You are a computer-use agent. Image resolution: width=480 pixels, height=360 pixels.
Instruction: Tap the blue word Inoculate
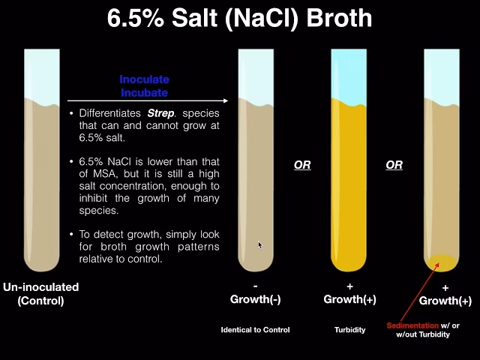tap(144, 79)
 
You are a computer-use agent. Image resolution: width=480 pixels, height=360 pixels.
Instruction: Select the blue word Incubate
tap(144, 92)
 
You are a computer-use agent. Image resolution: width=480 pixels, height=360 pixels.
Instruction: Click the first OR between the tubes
tap(302, 165)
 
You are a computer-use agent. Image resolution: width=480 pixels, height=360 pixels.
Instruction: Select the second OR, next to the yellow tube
tap(394, 165)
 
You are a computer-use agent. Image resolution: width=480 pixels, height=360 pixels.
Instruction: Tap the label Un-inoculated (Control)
tap(41, 294)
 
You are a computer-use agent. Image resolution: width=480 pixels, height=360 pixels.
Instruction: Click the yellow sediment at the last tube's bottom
tap(442, 262)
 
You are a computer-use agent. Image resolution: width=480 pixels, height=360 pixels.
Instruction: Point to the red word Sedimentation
tap(412, 325)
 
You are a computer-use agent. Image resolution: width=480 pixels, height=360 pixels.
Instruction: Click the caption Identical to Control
tap(255, 330)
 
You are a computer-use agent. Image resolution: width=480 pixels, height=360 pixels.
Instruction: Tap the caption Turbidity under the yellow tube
tap(349, 330)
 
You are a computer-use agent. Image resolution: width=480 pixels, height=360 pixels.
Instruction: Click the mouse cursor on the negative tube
tap(260, 244)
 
